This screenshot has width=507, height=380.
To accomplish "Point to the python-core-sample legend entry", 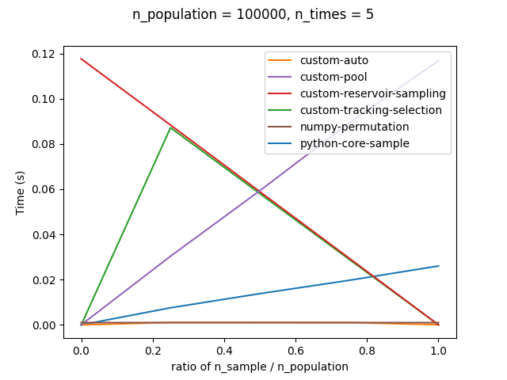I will pos(353,143).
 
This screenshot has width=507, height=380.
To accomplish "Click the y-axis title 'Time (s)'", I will pos(21,191).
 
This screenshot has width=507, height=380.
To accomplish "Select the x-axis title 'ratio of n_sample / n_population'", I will pos(260,367).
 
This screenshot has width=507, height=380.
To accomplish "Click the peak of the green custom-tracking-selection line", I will pos(170,127).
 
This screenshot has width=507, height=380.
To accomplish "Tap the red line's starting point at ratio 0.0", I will pos(82,59).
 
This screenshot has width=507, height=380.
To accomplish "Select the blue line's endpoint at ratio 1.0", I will pos(438,266).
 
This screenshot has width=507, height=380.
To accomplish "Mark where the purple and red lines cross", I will pos(259,191).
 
